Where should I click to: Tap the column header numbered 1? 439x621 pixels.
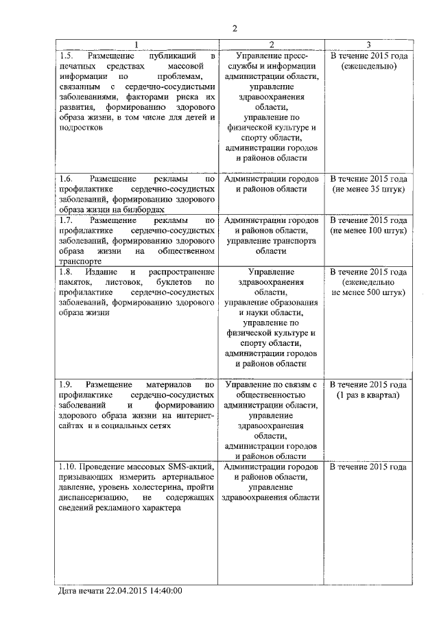137,45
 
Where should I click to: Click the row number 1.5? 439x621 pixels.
66,55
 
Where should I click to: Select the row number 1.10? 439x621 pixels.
69,467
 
